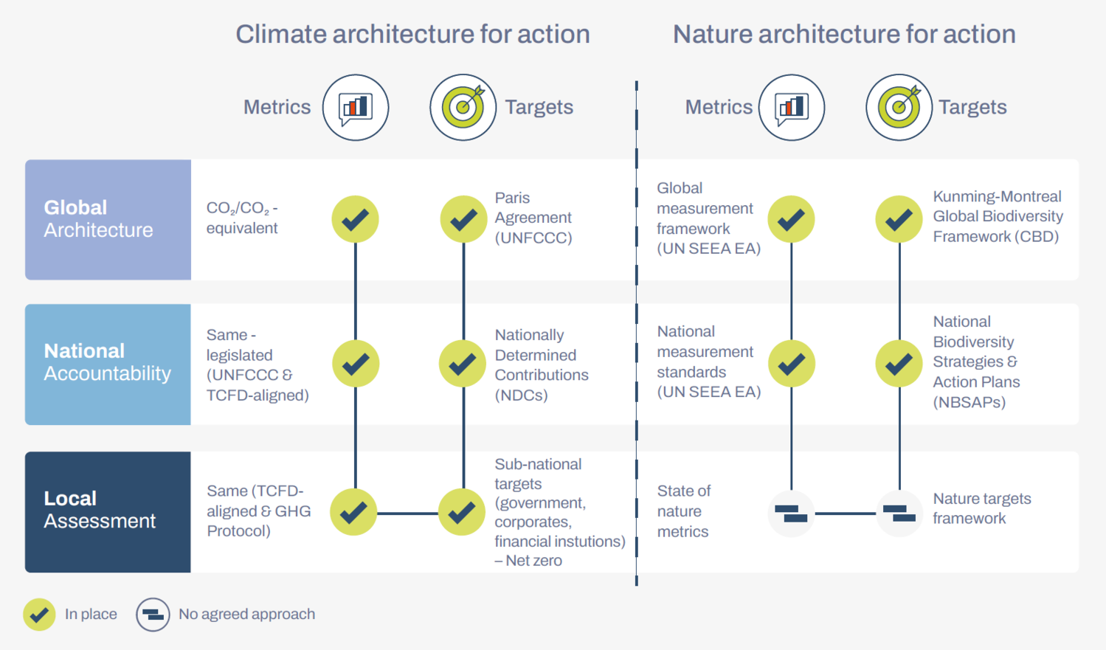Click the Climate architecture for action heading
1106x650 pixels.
click(412, 35)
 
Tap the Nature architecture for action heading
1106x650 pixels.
click(844, 35)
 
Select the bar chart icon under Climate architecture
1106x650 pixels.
click(356, 108)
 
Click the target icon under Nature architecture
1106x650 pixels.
click(899, 108)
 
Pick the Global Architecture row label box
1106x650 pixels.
click(108, 220)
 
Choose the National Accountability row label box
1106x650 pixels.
click(108, 364)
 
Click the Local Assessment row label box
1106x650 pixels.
click(108, 512)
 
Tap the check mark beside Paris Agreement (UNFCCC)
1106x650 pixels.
click(463, 219)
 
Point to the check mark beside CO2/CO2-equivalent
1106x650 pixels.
click(356, 219)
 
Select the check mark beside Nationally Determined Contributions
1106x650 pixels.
click(463, 364)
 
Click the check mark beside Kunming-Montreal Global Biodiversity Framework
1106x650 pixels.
click(899, 219)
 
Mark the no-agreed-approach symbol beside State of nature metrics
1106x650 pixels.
click(791, 514)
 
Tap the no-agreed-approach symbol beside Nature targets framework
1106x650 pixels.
click(899, 514)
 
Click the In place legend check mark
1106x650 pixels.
click(40, 615)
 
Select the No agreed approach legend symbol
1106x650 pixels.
click(153, 615)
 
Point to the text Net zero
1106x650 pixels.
click(534, 561)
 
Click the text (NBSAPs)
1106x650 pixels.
click(970, 402)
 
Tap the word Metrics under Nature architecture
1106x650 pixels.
click(719, 107)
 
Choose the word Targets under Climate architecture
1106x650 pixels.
click(539, 107)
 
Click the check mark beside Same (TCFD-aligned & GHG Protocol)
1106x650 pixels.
click(354, 512)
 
